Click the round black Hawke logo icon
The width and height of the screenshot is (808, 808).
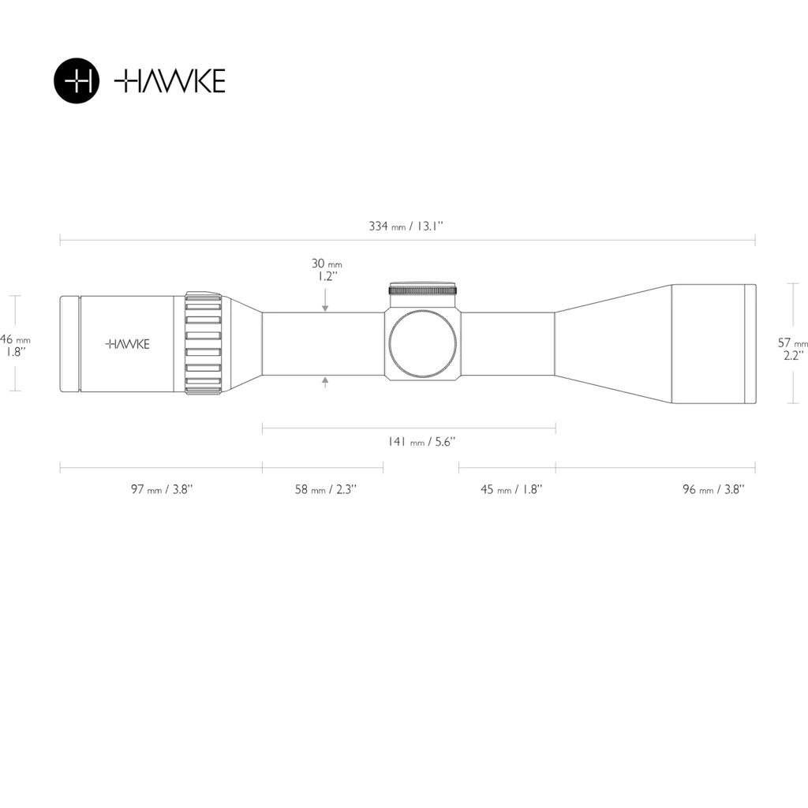(x=77, y=81)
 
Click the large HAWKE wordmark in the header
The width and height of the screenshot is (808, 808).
(x=170, y=81)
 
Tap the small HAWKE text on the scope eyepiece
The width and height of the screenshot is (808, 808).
(x=127, y=344)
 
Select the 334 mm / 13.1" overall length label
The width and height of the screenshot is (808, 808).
(x=406, y=226)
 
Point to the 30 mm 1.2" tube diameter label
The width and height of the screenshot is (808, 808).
(x=327, y=270)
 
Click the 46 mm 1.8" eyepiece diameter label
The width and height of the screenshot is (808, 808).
(x=15, y=346)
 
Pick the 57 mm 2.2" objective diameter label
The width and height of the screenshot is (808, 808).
(x=792, y=349)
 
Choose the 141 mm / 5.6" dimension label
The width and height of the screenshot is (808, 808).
(x=421, y=442)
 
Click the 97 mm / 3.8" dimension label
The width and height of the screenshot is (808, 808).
(x=162, y=489)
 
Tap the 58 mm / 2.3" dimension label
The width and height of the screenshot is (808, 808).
(x=326, y=489)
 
